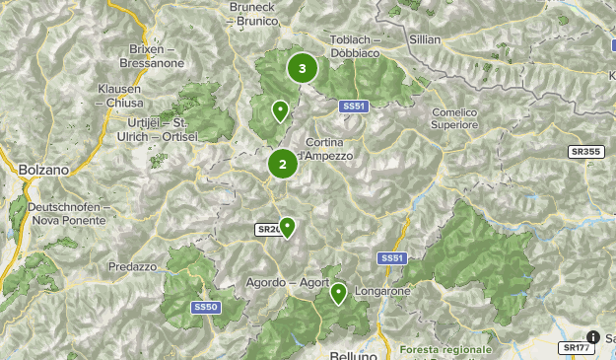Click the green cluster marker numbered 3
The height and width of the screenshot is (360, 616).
(302, 69)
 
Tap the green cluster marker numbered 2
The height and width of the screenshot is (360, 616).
(283, 165)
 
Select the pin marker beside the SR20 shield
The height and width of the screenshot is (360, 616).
(287, 228)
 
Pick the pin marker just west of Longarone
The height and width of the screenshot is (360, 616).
(338, 293)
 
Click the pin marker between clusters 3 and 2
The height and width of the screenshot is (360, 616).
(280, 110)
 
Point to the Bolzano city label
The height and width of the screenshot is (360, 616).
(43, 170)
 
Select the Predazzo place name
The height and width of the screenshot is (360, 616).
(133, 266)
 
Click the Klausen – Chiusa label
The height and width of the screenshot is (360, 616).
(119, 95)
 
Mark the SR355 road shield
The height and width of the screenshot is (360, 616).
(585, 152)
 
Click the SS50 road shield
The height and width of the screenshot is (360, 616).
(205, 308)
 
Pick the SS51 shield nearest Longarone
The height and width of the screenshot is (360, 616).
(391, 258)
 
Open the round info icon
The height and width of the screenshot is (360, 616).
(593, 337)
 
